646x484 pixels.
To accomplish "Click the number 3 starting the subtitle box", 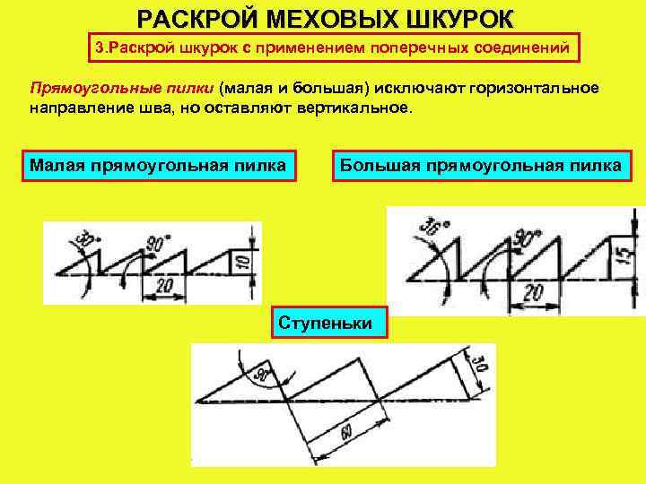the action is [x=100, y=48].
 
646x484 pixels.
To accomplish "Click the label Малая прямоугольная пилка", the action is [x=158, y=165].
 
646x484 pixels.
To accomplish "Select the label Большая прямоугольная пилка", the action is [x=480, y=165].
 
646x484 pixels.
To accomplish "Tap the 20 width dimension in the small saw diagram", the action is [x=164, y=284].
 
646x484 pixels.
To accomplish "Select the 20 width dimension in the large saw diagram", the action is [x=535, y=292].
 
